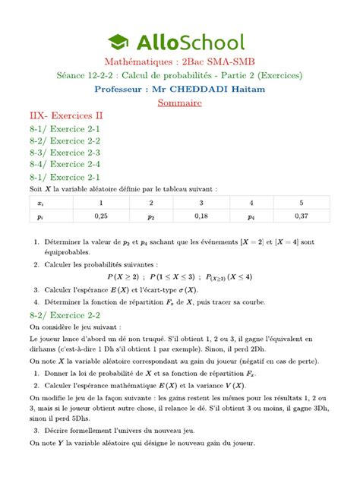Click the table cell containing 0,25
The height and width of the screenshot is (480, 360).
click(100, 216)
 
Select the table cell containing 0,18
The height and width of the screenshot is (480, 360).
click(201, 216)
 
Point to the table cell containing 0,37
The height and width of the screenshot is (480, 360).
click(301, 216)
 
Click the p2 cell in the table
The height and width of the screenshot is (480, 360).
click(150, 216)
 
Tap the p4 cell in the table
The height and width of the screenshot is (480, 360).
click(251, 216)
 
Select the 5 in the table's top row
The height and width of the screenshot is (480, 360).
click(301, 203)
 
